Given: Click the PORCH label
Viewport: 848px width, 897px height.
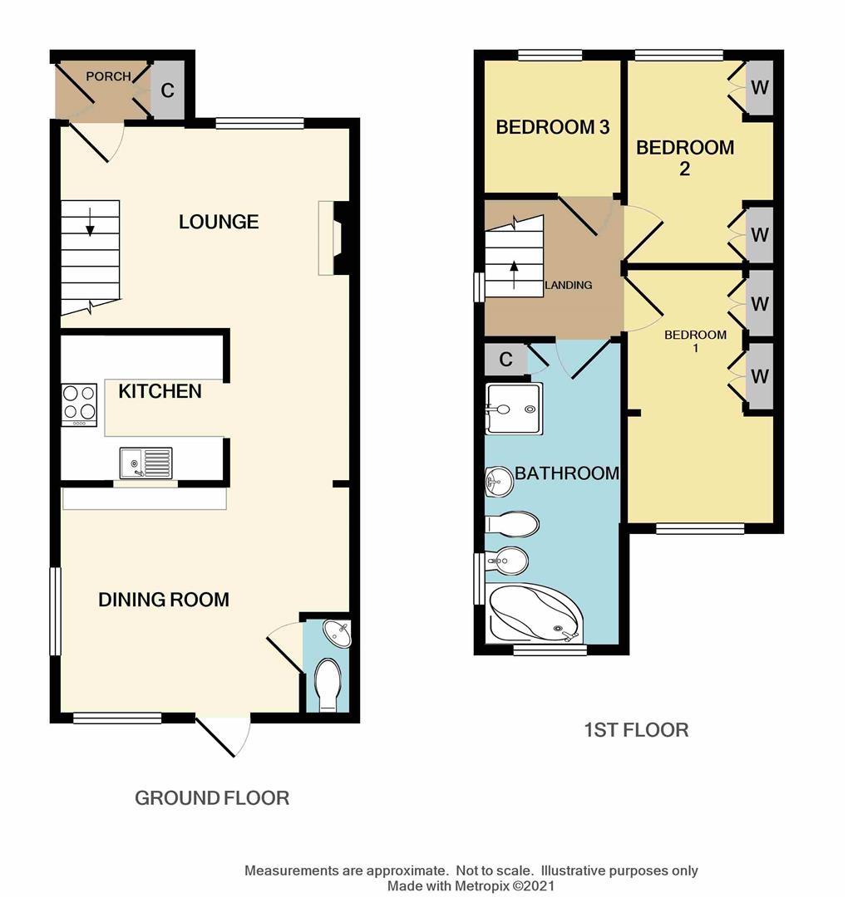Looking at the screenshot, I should [x=108, y=76].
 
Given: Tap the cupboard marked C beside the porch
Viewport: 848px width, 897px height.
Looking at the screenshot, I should [x=168, y=91].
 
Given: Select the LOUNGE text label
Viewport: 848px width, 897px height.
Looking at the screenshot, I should [x=219, y=222].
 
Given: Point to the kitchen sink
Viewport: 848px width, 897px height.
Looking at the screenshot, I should [x=145, y=463].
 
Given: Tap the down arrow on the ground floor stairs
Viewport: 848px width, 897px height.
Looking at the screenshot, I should [x=90, y=220].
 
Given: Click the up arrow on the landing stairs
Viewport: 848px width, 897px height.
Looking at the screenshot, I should [x=513, y=273].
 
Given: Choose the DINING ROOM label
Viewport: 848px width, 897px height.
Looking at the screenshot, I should [x=164, y=600].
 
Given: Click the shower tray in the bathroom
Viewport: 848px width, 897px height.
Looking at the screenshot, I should [x=514, y=408].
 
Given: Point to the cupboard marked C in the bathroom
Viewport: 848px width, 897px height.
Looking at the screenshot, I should [x=505, y=360].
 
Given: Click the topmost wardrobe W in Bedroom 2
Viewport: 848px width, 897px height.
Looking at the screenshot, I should [x=759, y=87].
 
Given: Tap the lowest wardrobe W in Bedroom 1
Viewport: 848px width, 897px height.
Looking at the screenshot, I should [x=759, y=376].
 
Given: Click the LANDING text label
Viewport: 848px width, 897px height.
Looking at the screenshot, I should [x=569, y=285].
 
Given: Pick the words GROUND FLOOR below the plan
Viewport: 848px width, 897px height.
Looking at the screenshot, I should [x=212, y=798].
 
